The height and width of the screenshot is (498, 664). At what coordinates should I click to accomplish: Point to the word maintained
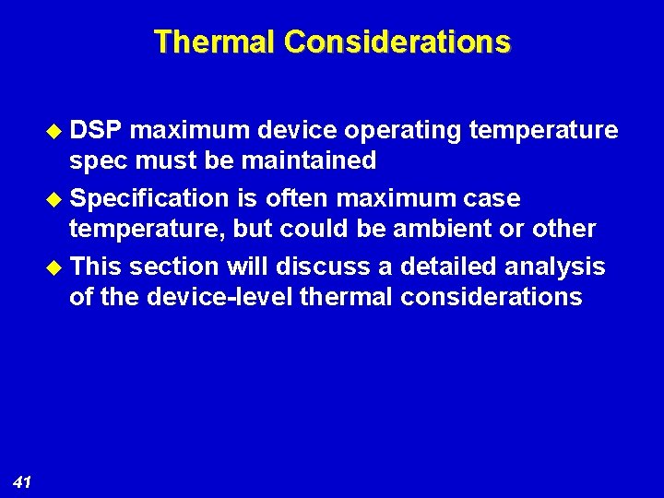click(x=308, y=160)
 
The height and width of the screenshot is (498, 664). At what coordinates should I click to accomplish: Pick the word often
click(x=299, y=198)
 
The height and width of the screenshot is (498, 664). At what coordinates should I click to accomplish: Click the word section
click(x=174, y=267)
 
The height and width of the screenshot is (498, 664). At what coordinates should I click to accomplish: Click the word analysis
click(x=559, y=267)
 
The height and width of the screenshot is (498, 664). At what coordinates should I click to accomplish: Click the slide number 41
click(x=23, y=480)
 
